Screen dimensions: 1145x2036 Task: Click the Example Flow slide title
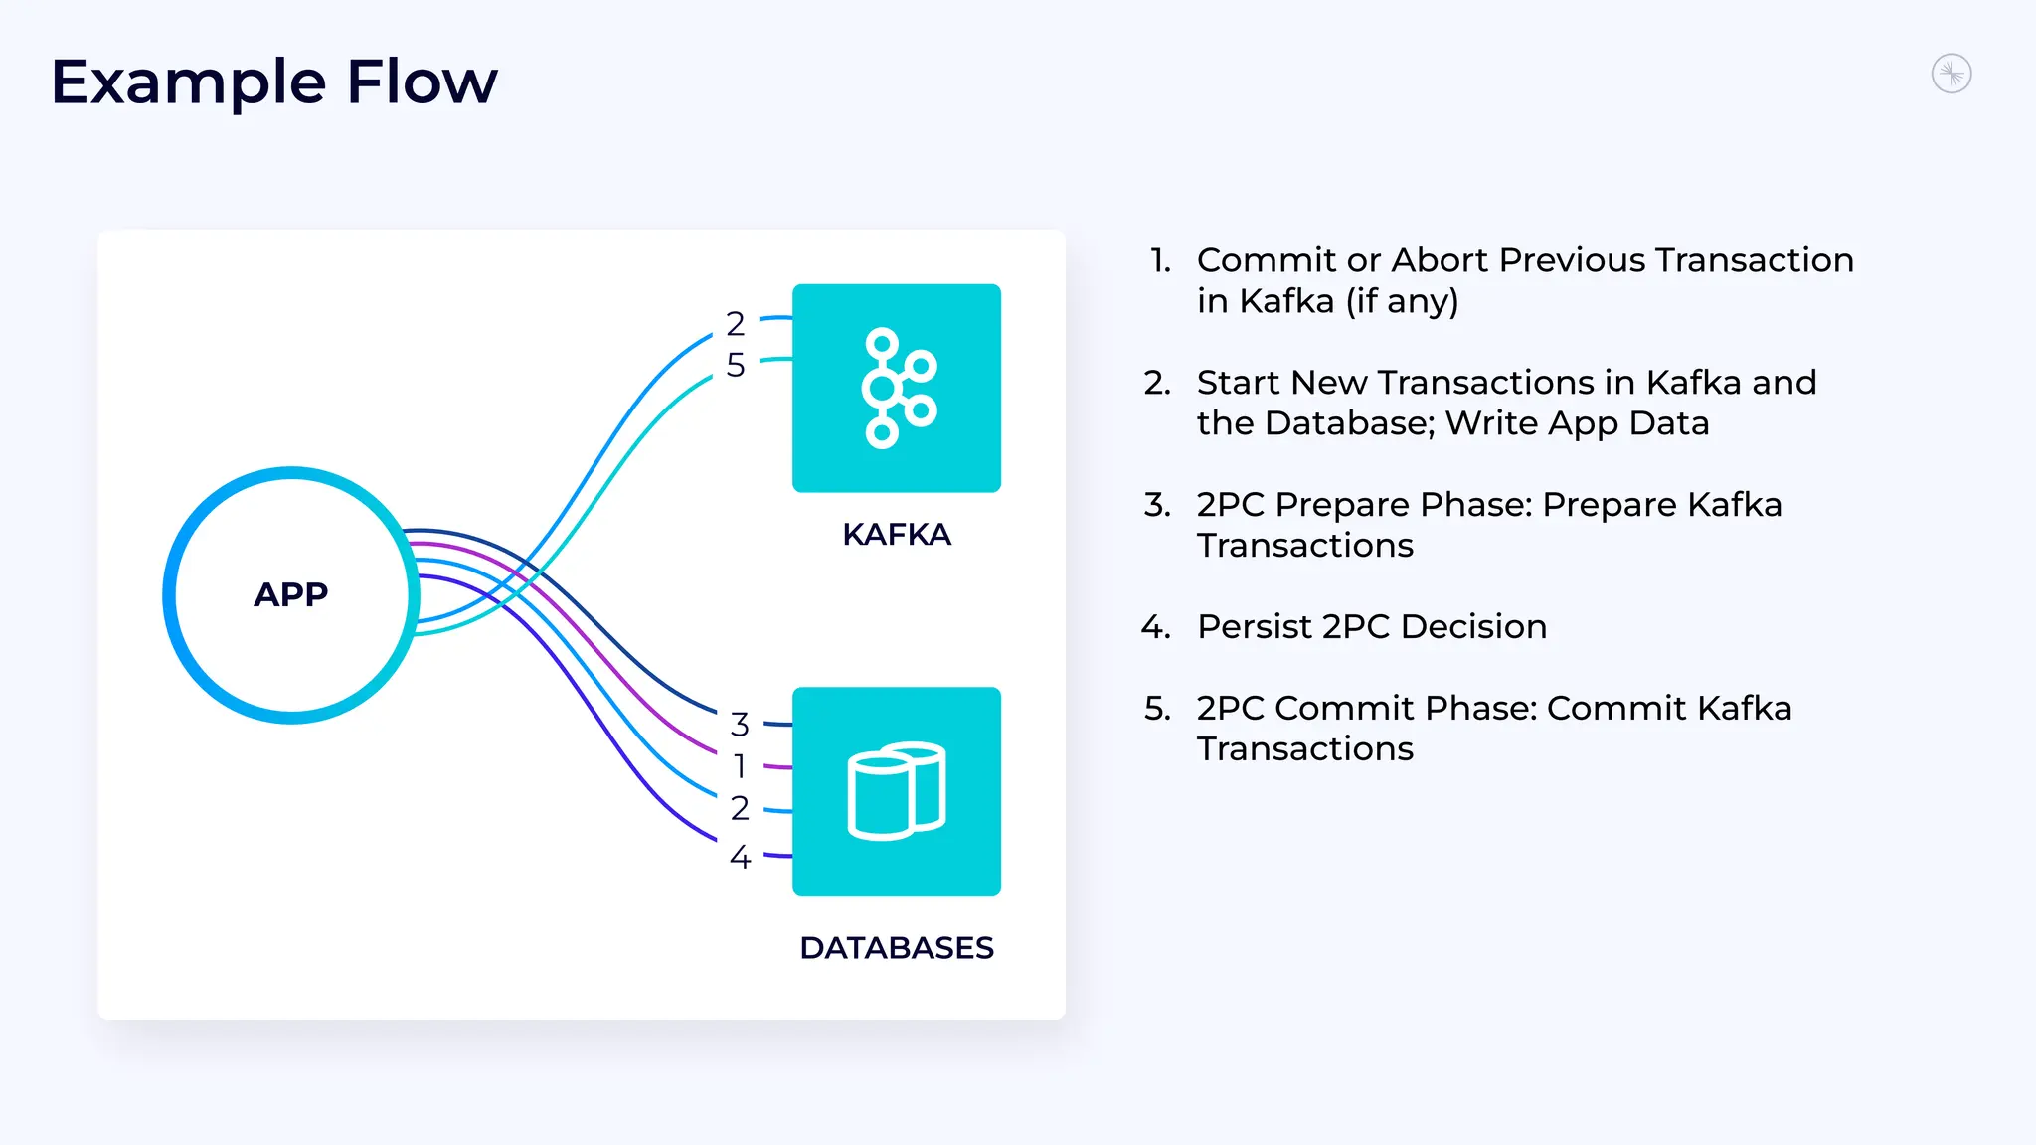[273, 82]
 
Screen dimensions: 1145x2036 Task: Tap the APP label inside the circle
[290, 594]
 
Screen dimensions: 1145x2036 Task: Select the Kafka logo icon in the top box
[898, 388]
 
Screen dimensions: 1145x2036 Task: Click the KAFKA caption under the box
[896, 535]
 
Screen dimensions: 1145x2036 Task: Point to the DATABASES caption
[896, 948]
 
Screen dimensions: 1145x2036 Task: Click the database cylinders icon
[896, 791]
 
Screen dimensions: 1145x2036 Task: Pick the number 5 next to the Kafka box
[736, 365]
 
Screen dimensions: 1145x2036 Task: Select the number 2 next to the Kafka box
[736, 324]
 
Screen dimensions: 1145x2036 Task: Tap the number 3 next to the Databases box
[740, 725]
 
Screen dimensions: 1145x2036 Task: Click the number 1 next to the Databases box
[740, 766]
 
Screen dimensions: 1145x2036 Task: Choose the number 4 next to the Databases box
[740, 857]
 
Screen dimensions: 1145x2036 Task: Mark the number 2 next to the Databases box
[740, 808]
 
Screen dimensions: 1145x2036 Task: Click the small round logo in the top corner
[1951, 74]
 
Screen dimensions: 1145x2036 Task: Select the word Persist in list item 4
[1255, 627]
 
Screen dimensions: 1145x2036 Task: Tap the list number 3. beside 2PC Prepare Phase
[1157, 505]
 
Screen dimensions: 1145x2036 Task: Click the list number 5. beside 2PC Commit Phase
[1157, 709]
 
